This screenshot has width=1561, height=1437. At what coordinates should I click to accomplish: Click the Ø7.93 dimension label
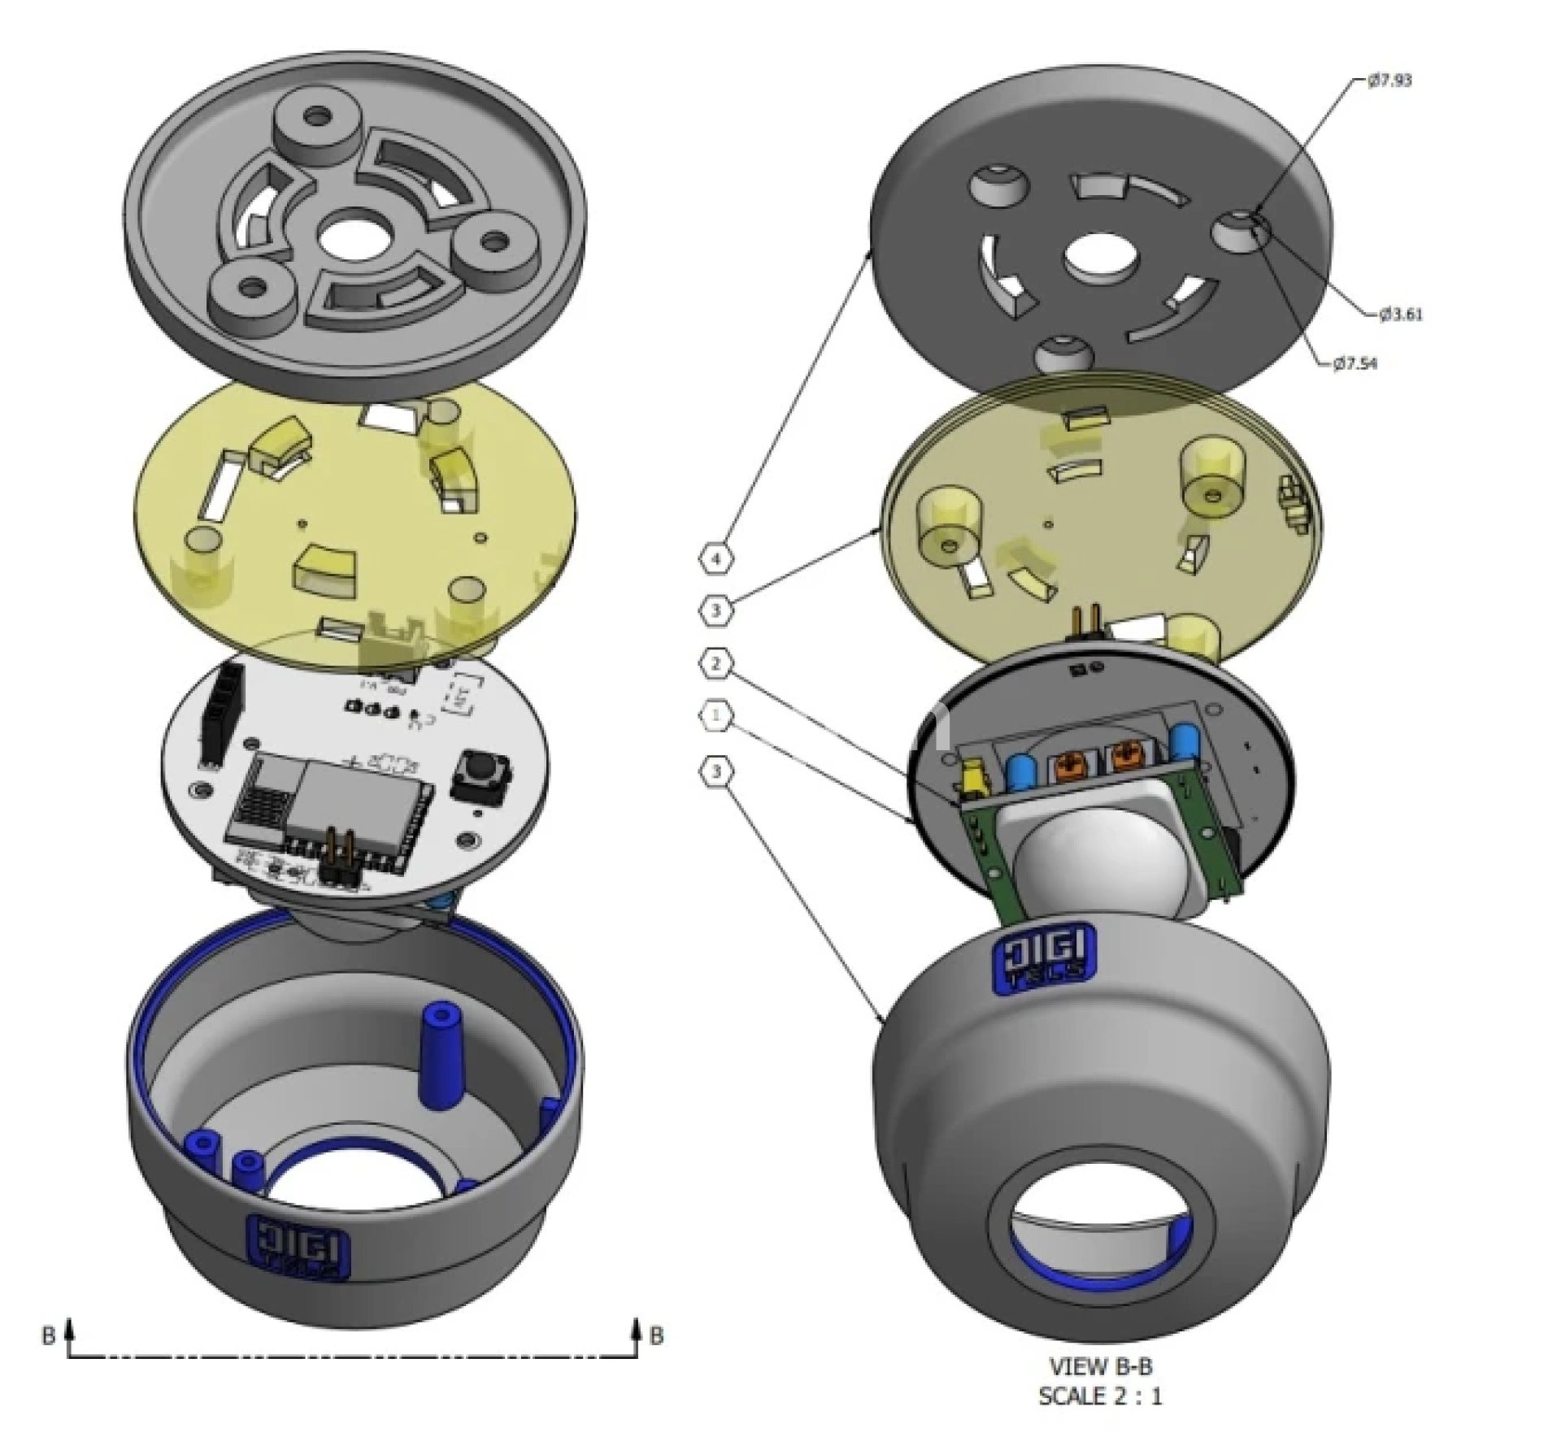[x=1389, y=80]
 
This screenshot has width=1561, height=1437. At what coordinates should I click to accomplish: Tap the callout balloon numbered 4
[x=715, y=558]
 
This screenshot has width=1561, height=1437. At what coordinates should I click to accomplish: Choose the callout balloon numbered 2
[x=715, y=664]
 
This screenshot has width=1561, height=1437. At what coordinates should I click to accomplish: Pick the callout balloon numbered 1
[x=715, y=715]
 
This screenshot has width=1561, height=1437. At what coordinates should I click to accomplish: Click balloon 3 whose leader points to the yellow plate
[x=715, y=610]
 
